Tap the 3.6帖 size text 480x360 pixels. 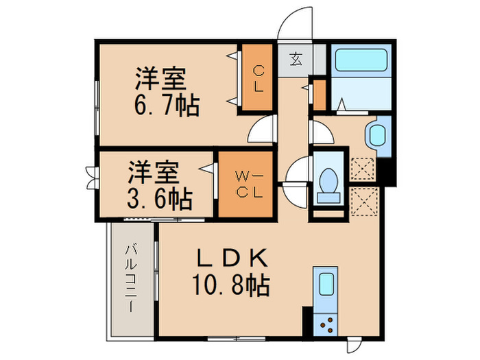click(x=160, y=198)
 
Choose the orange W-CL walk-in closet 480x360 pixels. click(x=245, y=184)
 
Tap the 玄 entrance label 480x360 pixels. click(x=295, y=59)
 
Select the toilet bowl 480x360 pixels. click(x=330, y=181)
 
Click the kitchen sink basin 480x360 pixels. click(x=324, y=285)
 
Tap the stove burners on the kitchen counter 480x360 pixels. click(x=324, y=322)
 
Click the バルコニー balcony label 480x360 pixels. click(x=130, y=280)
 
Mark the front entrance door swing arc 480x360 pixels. click(x=296, y=23)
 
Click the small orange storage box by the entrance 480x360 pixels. click(x=319, y=95)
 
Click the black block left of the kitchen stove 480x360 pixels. click(x=307, y=321)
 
